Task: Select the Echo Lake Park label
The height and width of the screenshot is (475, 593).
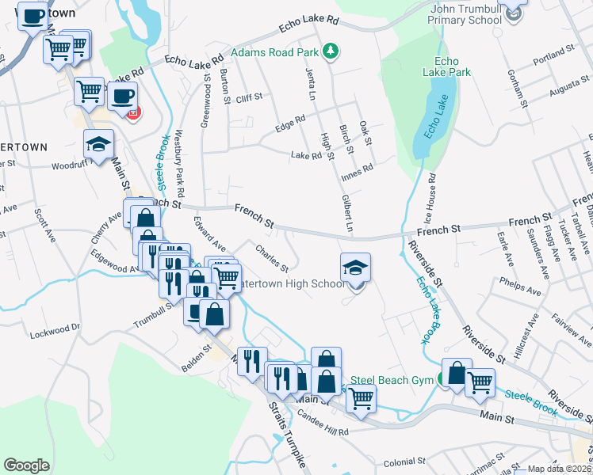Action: (x=453, y=66)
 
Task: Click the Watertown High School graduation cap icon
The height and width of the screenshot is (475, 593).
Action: (x=355, y=268)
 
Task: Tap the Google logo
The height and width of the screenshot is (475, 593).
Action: (x=26, y=465)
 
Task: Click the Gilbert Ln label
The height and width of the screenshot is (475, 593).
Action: (x=347, y=215)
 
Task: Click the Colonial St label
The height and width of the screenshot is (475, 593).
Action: (x=404, y=462)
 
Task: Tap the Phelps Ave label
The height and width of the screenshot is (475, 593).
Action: (x=520, y=286)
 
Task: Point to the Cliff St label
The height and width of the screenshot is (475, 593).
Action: (x=248, y=99)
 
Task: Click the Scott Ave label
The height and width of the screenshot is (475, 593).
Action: (x=43, y=226)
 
